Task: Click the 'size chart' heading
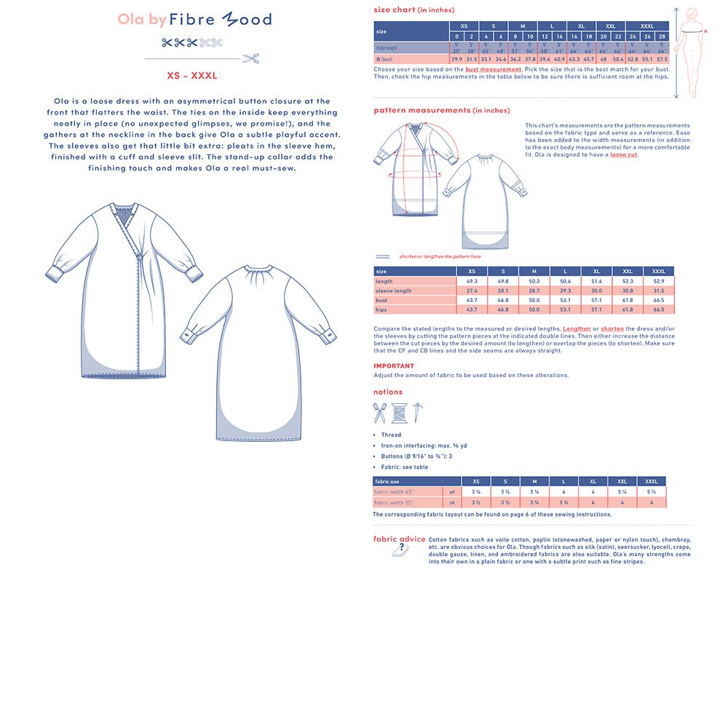[395, 10]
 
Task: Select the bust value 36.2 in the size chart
[515, 59]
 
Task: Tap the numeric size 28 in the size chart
[662, 36]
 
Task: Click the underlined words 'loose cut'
[623, 154]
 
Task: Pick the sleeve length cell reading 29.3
[566, 290]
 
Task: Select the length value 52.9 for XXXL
[659, 281]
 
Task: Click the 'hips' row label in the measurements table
[381, 309]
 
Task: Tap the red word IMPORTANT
[393, 366]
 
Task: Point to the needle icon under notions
[417, 412]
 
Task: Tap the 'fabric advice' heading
[399, 539]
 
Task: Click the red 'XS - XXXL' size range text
[192, 75]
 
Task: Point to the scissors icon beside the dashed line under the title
[251, 58]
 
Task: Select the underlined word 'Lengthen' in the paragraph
[577, 329]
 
